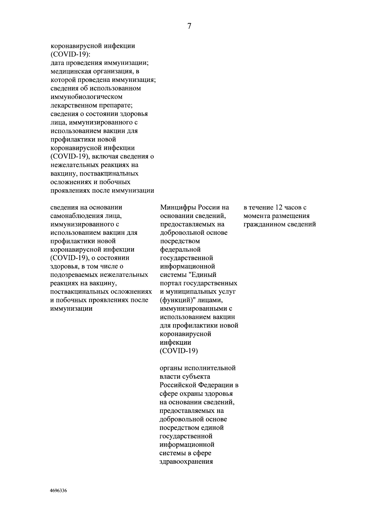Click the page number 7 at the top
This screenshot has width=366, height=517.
[x=189, y=27]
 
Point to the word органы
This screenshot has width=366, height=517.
[x=171, y=368]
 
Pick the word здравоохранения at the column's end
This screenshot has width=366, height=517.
[x=186, y=462]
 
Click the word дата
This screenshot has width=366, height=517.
[x=57, y=63]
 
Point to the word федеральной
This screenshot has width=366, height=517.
[x=180, y=250]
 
